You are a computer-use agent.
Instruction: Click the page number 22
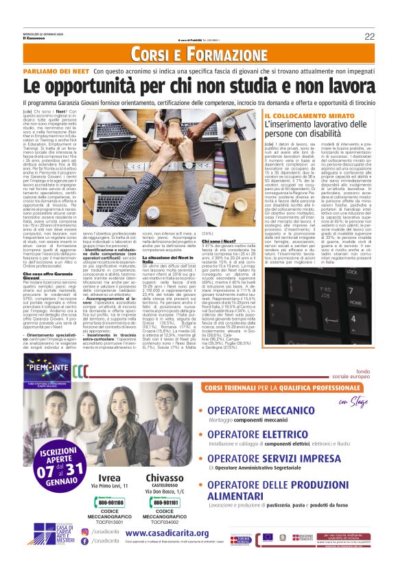[x=369, y=36]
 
